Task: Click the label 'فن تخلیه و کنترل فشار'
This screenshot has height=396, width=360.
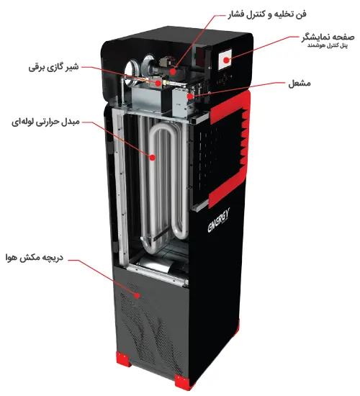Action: point(267,14)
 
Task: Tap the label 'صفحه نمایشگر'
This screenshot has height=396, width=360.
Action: point(328,37)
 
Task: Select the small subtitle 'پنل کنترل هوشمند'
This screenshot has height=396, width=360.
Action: point(328,45)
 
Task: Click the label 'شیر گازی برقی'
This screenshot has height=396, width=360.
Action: point(53,68)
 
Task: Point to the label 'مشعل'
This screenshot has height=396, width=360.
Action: point(300,83)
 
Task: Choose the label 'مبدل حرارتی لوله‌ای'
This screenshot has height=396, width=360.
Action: point(45,122)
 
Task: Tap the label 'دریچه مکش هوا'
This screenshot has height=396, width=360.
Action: point(35,258)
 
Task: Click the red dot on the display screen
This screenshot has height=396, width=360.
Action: point(226,60)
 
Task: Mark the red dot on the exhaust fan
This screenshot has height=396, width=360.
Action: point(173,71)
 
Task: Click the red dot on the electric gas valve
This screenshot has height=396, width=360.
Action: point(158,83)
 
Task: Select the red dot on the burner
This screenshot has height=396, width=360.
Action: point(190,96)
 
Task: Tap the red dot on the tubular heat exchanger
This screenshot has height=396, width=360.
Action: point(152,158)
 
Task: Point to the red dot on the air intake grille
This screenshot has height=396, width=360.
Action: point(137,295)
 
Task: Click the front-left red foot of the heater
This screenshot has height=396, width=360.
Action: point(124,359)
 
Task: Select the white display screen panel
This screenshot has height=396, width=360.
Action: point(225,60)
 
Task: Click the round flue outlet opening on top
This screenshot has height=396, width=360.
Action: point(132,68)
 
